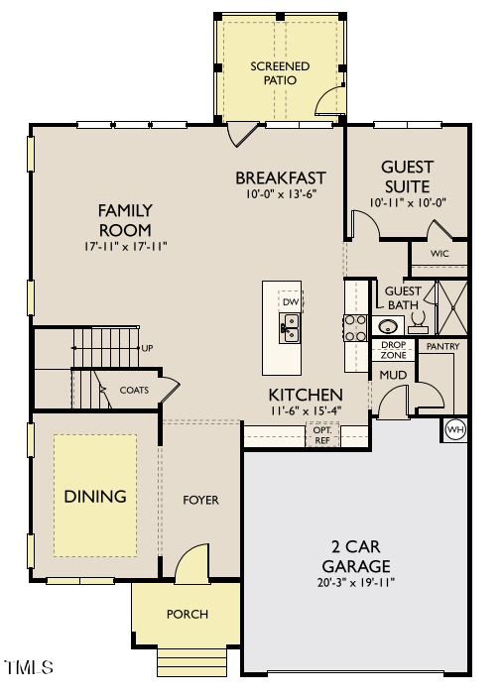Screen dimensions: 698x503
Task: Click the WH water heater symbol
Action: click(455, 429)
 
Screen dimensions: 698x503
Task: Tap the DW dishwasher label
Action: click(290, 301)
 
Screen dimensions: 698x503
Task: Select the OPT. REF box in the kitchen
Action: click(322, 433)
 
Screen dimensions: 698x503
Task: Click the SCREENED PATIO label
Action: click(280, 72)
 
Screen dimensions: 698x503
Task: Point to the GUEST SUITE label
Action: click(406, 176)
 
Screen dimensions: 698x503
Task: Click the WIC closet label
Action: click(440, 254)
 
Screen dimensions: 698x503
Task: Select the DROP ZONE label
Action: click(394, 349)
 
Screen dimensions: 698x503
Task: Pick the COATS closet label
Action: click(134, 390)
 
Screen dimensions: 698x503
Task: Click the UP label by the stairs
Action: click(147, 348)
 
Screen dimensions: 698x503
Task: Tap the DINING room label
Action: click(95, 496)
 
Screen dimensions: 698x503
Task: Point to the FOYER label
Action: click(200, 500)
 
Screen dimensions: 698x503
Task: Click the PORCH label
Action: click(188, 614)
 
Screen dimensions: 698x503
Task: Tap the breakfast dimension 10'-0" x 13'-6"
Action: click(281, 195)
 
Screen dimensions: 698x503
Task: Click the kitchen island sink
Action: click(291, 327)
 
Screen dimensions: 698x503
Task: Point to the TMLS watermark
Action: click(29, 668)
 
